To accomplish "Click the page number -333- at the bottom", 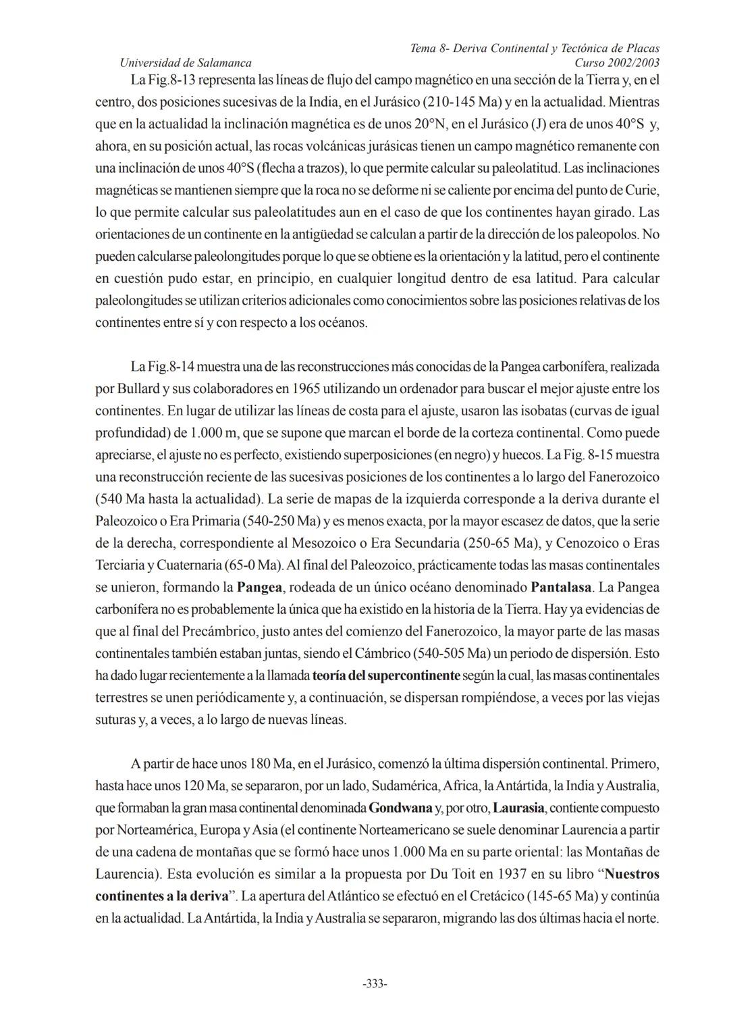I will pyautogui.click(x=375, y=983).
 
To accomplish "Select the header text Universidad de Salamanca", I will pyautogui.click(x=185, y=63).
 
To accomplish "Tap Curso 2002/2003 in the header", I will pyautogui.click(x=617, y=63).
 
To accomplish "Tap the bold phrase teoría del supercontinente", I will pyautogui.click(x=385, y=675).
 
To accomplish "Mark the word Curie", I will pyautogui.click(x=641, y=190).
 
